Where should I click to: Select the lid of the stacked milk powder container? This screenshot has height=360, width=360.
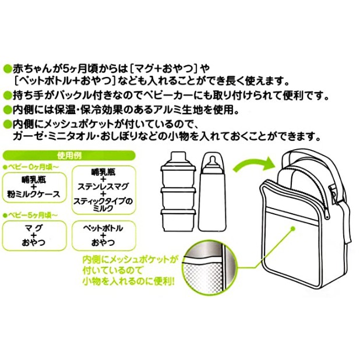178,159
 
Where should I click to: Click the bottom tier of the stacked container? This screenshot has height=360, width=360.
178,220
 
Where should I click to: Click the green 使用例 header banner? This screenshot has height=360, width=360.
69,156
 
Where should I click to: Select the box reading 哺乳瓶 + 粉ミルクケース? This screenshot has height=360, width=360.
34,188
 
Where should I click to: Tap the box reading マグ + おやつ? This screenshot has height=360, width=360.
34,235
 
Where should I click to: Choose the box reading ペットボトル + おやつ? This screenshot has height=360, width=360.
103,235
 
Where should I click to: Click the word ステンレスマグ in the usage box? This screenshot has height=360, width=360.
103,186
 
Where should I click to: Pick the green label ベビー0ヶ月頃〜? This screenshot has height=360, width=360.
30,168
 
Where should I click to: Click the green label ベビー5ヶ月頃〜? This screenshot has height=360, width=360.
30,216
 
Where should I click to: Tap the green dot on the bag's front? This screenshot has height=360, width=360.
293,229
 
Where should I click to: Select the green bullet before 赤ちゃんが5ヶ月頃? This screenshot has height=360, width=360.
8,68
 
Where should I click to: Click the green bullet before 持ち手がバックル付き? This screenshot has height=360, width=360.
8,95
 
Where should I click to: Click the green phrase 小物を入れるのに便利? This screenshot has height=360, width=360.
129,281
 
